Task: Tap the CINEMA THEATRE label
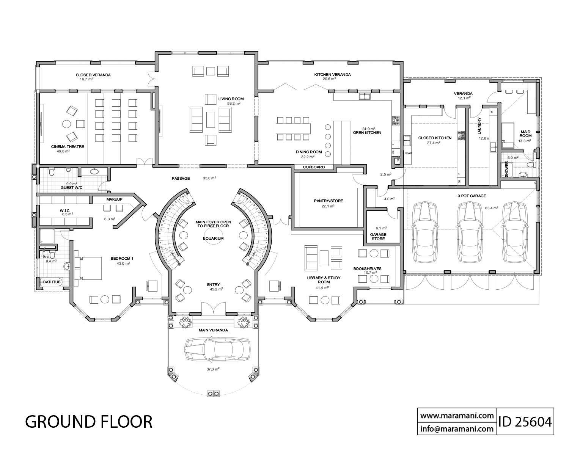pyautogui.click(x=68, y=146)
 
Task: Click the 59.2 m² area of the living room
pyautogui.click(x=231, y=104)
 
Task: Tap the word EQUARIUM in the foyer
pyautogui.click(x=213, y=238)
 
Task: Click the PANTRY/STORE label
pyautogui.click(x=329, y=201)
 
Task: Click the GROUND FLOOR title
pyautogui.click(x=89, y=421)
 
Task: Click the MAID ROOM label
pyautogui.click(x=525, y=133)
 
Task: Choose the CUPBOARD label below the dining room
pyautogui.click(x=314, y=167)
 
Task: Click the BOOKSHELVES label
pyautogui.click(x=367, y=268)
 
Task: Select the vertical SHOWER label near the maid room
pyautogui.click(x=506, y=170)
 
